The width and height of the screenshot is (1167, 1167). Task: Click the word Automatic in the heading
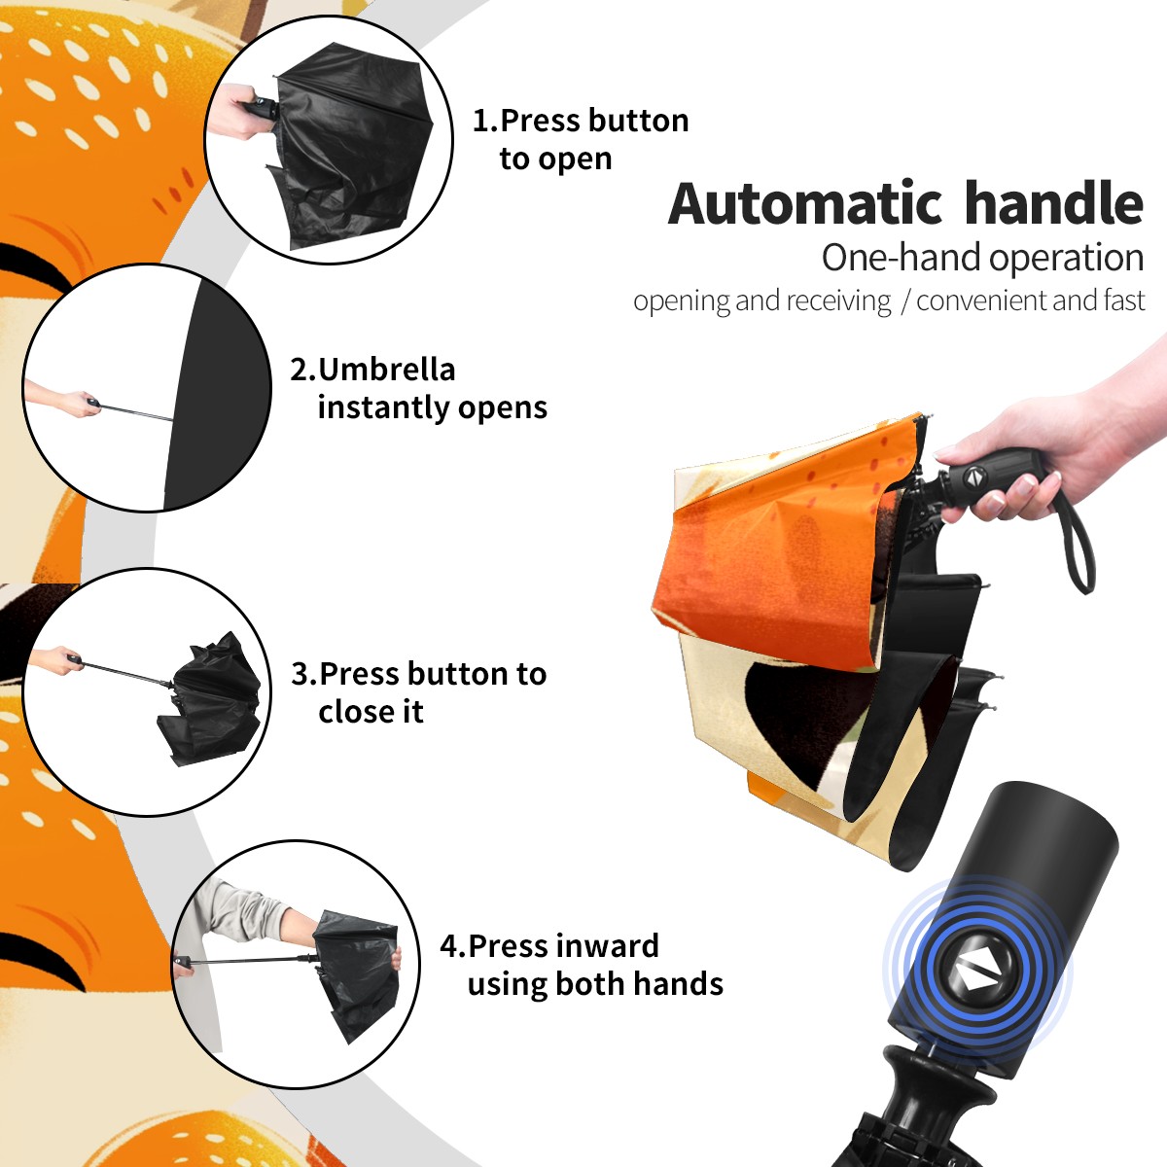(805, 204)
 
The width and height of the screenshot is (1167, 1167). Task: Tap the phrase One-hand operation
(982, 258)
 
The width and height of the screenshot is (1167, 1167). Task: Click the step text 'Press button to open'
(581, 139)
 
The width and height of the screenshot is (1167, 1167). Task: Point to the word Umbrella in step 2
(386, 370)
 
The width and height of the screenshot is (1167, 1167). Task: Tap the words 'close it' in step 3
(371, 711)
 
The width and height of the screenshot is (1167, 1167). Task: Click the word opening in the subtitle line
(682, 301)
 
